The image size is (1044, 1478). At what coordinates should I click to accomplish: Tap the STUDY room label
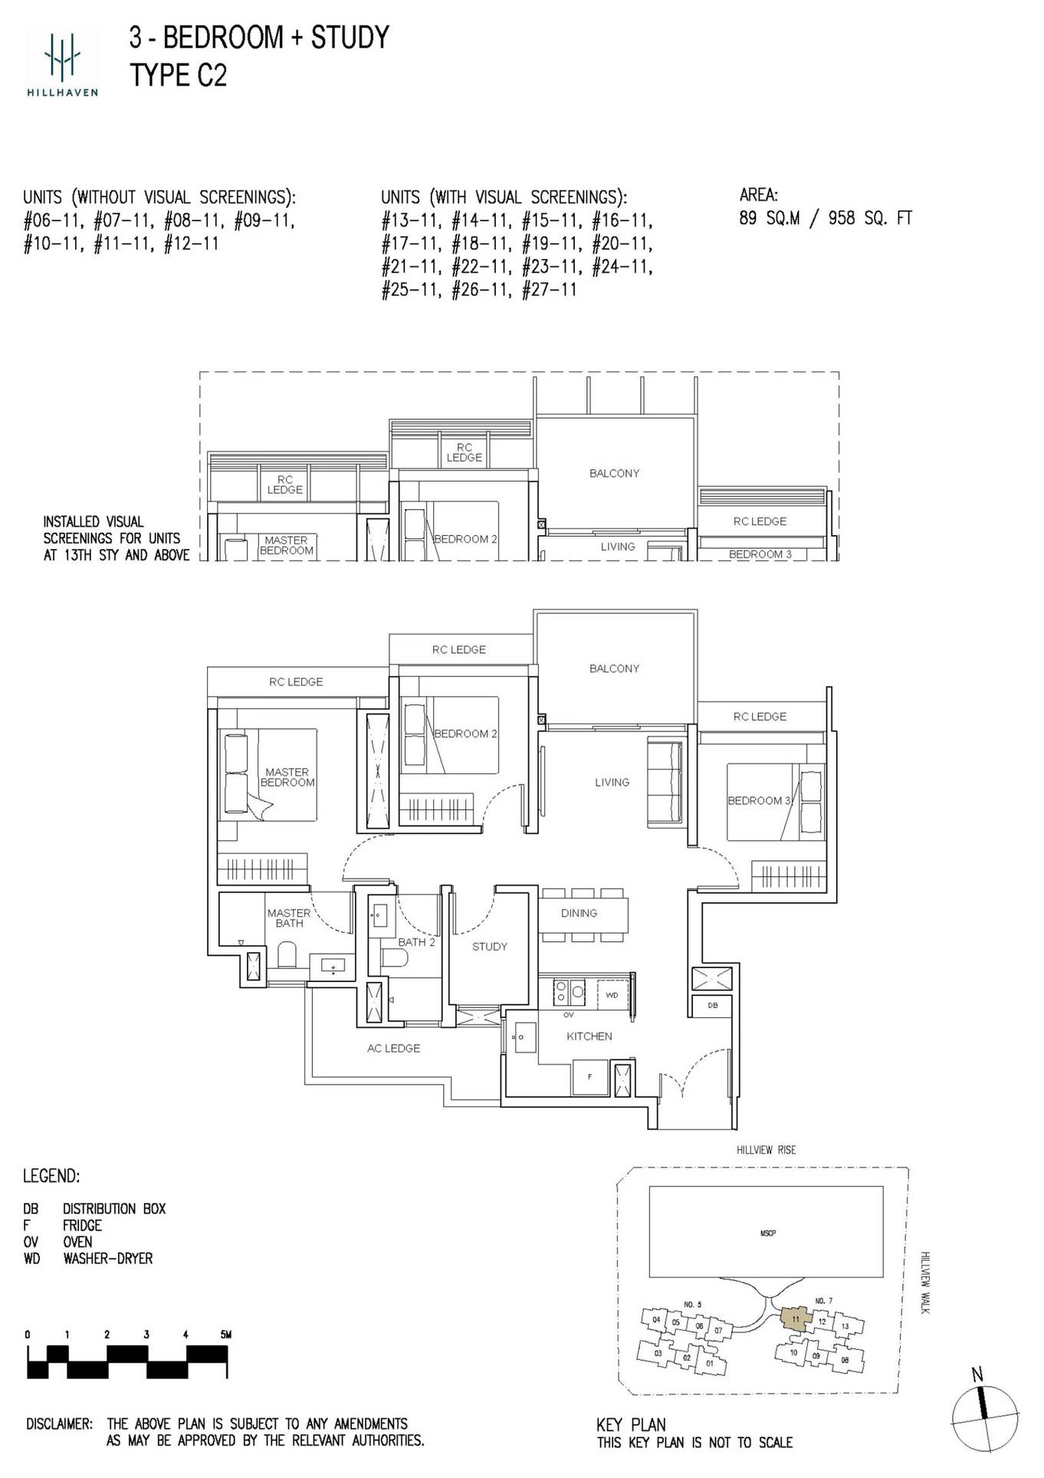[x=489, y=946]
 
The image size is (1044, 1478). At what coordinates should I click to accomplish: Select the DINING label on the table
[x=579, y=913]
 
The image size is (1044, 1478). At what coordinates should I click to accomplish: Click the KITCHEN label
[x=589, y=1036]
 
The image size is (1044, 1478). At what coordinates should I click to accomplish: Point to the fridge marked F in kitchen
[x=589, y=1077]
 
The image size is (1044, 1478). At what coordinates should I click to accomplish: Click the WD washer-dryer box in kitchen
[x=612, y=995]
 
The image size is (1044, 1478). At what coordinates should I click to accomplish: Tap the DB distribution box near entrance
[x=713, y=1005]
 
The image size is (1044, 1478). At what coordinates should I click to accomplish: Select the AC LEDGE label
[x=393, y=1048]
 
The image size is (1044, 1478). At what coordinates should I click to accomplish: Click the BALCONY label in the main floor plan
[x=614, y=668]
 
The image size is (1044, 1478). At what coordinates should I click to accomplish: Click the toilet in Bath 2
[x=392, y=959]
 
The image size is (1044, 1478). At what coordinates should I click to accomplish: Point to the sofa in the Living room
[x=665, y=782]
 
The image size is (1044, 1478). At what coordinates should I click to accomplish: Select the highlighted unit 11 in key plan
[x=796, y=1319]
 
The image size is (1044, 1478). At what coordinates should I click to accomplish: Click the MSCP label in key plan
[x=768, y=1233]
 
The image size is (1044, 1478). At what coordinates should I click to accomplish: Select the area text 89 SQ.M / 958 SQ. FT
[x=825, y=218]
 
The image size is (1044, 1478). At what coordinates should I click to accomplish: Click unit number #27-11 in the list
[x=549, y=291]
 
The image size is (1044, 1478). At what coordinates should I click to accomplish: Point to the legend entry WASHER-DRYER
[x=108, y=1258]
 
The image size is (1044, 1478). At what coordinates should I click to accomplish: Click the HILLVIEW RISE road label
[x=766, y=1150]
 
